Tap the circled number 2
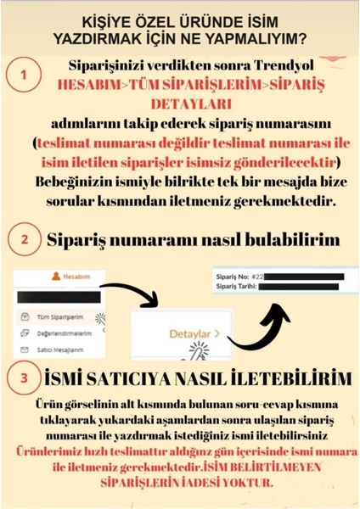[x=23, y=240]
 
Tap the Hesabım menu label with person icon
[x=71, y=276]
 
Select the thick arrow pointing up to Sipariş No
[x=260, y=327]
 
